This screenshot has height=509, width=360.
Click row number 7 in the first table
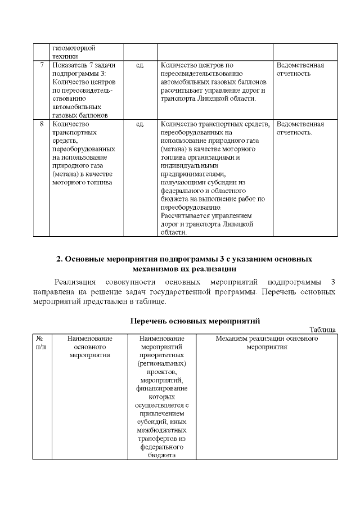pos(42,65)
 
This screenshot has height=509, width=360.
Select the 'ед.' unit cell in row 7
pos(140,65)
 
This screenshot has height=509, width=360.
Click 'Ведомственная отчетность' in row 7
pos(300,69)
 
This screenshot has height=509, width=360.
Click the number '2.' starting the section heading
pos(60,259)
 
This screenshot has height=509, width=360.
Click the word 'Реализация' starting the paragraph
pos(73,282)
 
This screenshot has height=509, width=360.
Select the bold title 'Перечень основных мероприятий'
pos(195,321)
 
